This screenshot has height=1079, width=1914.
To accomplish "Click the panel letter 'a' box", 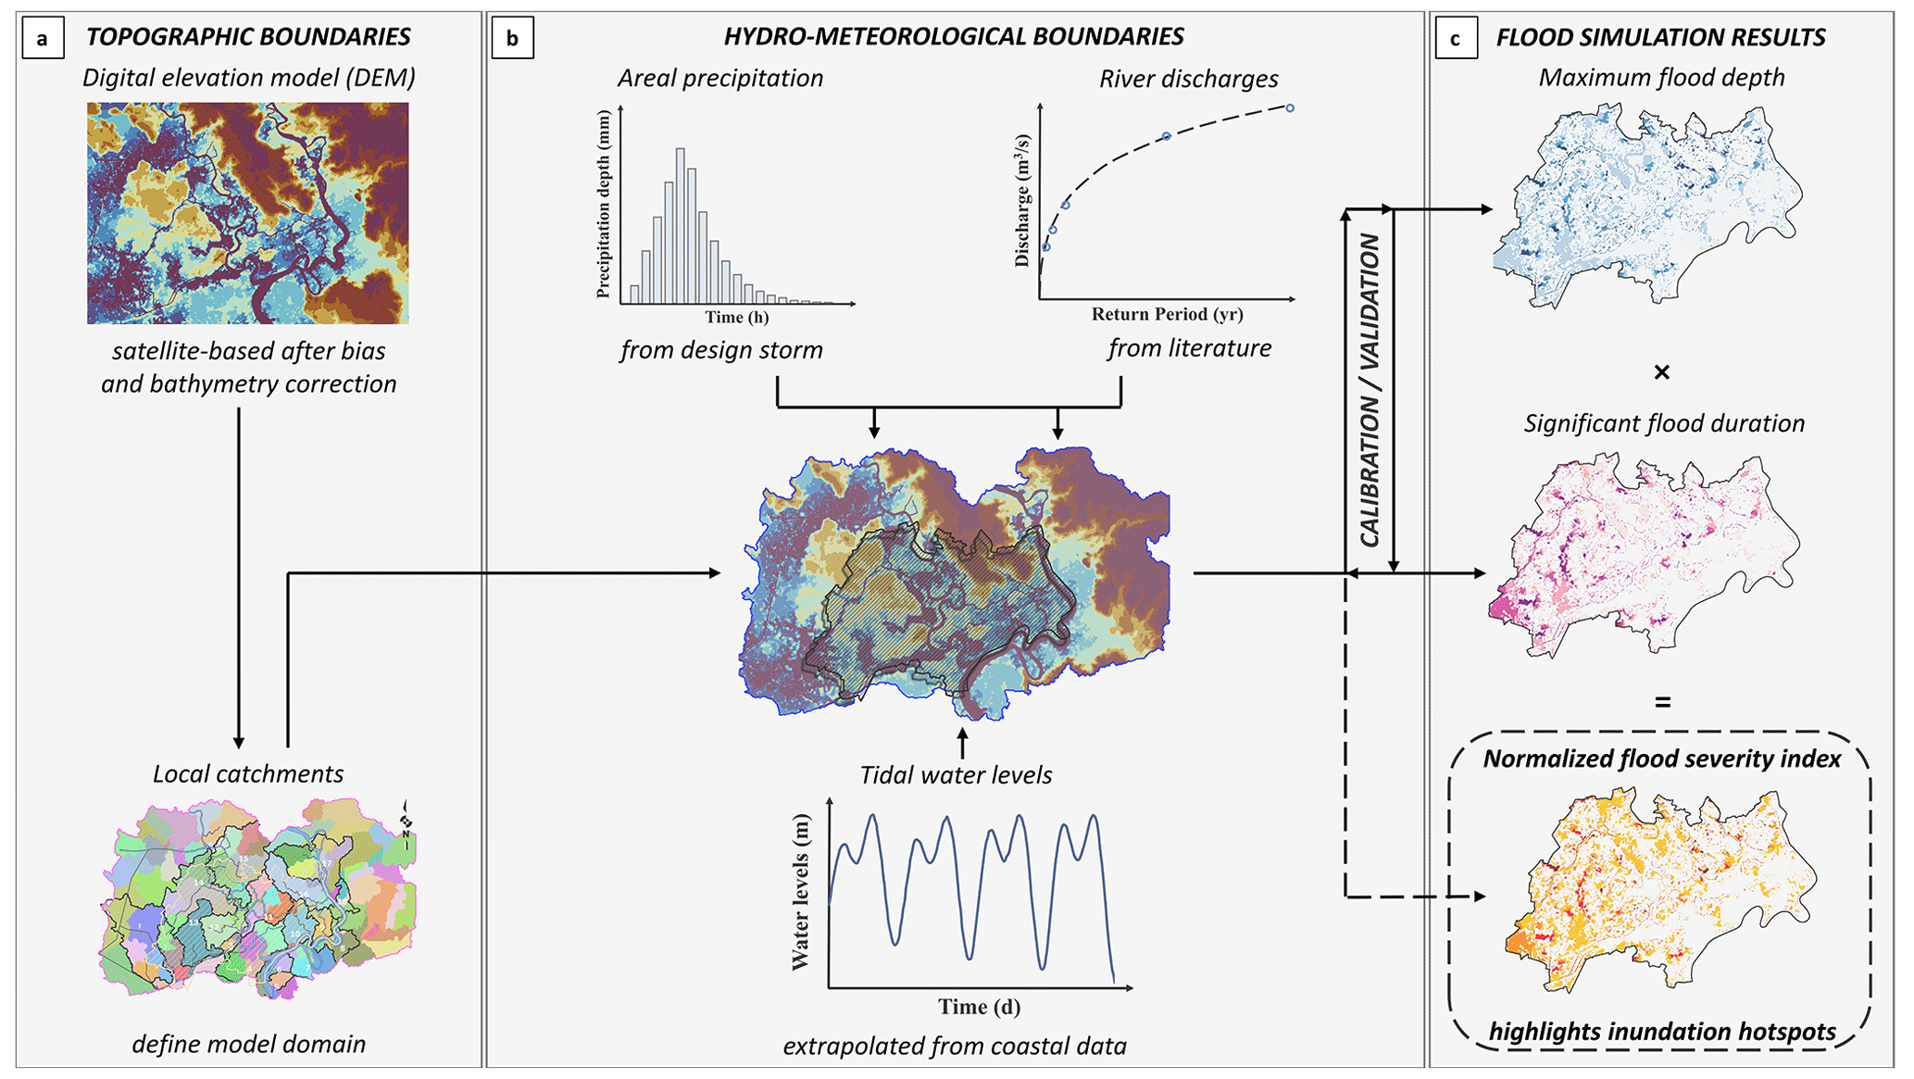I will [41, 38].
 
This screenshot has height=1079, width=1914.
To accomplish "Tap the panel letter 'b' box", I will [512, 38].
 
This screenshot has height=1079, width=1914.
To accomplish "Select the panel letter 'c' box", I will [1455, 39].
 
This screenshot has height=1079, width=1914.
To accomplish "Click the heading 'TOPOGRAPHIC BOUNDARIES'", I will [248, 37].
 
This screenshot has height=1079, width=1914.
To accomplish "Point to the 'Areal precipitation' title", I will [719, 79].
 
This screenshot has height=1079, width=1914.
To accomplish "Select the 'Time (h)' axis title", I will [736, 318].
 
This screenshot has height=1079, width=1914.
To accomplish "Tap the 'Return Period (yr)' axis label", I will [1167, 314].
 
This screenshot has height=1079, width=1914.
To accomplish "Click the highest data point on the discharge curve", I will [1290, 108].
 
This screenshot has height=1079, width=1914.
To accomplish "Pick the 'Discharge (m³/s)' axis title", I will [1022, 200].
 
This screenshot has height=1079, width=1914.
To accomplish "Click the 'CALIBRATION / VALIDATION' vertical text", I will [1370, 390].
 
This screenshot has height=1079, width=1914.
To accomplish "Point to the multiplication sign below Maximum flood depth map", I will [1661, 372].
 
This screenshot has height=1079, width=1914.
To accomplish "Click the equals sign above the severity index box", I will [1663, 703].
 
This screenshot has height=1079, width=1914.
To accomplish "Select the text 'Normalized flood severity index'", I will [1661, 759].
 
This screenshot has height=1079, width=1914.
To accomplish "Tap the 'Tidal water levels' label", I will [956, 775].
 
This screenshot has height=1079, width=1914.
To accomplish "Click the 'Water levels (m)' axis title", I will [801, 892].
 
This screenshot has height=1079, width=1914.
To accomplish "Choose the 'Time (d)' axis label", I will [979, 1007].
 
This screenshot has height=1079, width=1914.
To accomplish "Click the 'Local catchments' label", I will [248, 774].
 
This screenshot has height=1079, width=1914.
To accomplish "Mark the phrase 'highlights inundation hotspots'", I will [1662, 1032].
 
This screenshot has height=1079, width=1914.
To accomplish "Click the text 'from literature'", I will [1189, 349].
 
